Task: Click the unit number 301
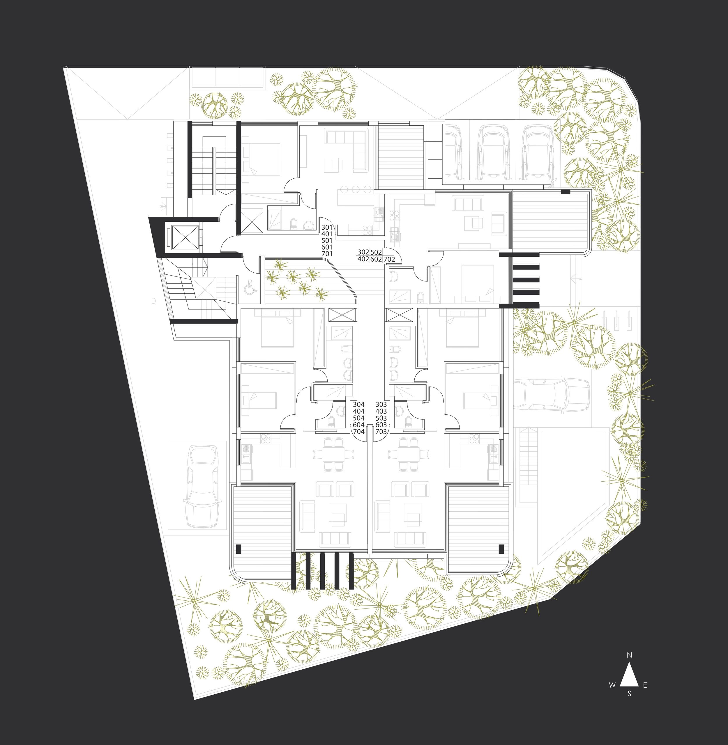327,227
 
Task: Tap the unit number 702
389,259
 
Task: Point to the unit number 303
381,404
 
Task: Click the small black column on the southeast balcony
501,549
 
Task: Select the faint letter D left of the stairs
154,301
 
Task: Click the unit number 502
376,252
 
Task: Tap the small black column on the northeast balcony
566,191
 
